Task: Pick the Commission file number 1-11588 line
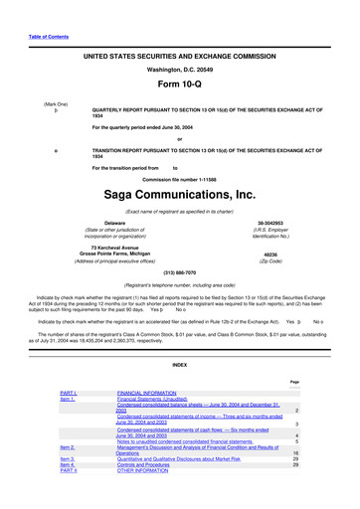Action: click(x=179, y=177)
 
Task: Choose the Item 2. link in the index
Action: click(x=71, y=448)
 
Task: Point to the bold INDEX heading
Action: click(x=179, y=365)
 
